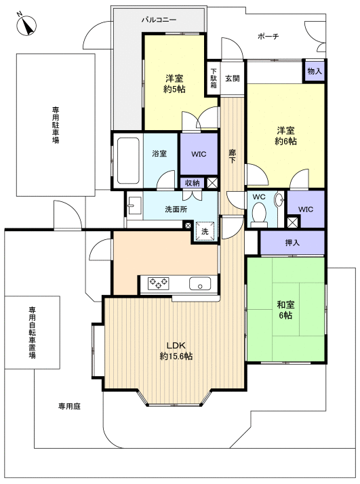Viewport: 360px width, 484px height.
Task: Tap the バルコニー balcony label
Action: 159,20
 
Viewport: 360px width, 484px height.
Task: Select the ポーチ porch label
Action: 268,36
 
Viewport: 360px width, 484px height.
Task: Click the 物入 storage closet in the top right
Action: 315,71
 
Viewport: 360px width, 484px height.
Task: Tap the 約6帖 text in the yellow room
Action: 285,142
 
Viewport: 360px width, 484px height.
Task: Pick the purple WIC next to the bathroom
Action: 198,154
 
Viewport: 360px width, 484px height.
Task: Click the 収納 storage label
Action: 192,182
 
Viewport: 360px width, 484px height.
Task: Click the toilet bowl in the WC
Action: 258,215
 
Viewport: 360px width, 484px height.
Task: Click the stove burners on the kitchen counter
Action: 159,283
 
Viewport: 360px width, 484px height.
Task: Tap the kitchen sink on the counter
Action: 201,283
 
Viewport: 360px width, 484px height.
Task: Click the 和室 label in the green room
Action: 285,304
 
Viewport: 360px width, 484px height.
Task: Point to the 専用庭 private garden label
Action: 69,407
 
